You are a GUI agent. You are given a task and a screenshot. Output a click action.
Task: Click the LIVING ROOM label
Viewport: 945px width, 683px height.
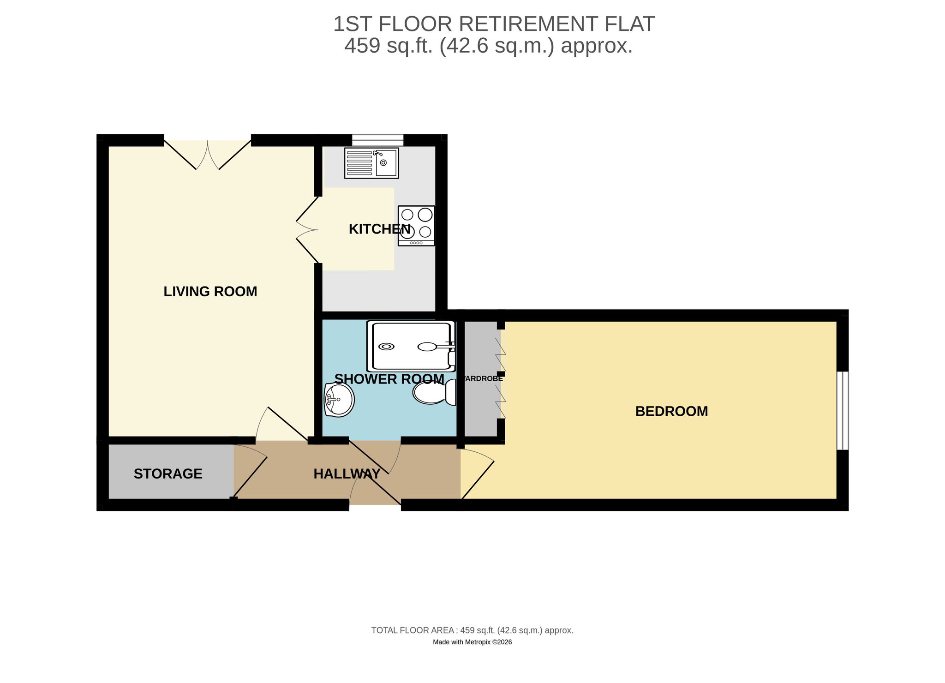[x=210, y=292]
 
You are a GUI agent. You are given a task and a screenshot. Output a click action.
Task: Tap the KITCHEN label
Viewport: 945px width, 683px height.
[x=379, y=229]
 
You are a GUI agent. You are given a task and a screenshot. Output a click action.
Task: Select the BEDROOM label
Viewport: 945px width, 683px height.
[x=671, y=411]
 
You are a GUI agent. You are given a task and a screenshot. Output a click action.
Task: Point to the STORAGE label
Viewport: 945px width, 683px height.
[x=168, y=474]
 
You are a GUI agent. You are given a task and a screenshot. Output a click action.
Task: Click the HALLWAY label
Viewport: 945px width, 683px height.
[x=347, y=474]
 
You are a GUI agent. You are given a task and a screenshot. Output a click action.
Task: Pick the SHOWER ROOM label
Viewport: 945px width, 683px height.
[x=389, y=379]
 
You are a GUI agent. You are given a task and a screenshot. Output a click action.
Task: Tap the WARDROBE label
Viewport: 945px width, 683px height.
[x=482, y=379]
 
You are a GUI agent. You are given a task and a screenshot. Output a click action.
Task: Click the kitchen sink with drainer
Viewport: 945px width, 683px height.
[x=371, y=163]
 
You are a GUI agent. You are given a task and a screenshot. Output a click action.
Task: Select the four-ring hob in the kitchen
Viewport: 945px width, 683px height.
[x=416, y=226]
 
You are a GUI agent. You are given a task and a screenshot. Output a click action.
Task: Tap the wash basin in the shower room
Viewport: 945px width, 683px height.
[x=339, y=400]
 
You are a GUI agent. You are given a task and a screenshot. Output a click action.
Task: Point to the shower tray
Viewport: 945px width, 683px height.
[x=411, y=346]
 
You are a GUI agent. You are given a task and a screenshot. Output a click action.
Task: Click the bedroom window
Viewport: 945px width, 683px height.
[x=843, y=411]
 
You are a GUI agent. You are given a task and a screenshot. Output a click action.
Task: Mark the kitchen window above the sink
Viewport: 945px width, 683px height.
[x=377, y=140]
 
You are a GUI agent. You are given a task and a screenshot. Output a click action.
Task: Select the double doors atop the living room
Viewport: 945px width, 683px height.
[x=208, y=155]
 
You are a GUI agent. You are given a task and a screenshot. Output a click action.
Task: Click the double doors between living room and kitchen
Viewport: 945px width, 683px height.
[x=308, y=229]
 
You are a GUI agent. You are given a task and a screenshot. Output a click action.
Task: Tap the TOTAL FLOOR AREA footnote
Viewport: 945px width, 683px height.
[x=472, y=630]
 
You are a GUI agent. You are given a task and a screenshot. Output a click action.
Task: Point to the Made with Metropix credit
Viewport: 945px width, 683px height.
[x=472, y=642]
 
